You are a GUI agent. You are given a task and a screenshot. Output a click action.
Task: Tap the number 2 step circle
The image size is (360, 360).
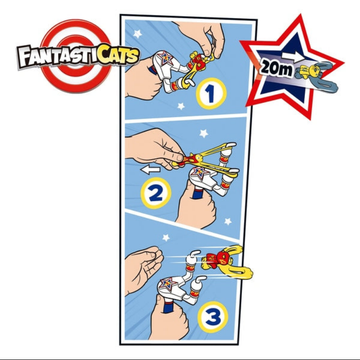tap(156, 194)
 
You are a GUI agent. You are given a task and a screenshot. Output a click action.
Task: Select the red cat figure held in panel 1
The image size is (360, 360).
tap(196, 61)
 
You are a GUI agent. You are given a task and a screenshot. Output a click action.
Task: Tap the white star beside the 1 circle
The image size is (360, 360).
tap(181, 106)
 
